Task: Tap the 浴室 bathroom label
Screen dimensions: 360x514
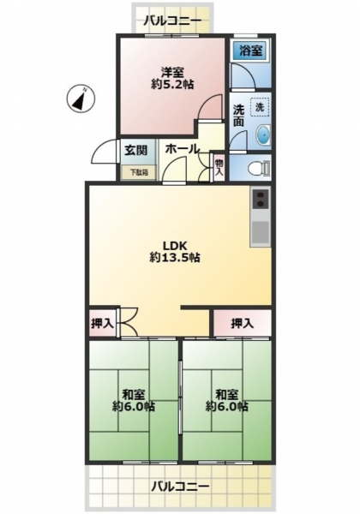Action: coord(250,51)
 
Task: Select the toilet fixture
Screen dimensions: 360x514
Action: coord(259,169)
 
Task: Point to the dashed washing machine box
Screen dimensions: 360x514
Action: coord(260,107)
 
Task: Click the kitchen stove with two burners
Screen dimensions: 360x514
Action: coord(261,199)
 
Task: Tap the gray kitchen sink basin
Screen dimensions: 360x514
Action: coord(261,232)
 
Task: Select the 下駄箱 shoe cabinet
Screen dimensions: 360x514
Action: coord(139,172)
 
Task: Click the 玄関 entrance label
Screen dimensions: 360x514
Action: coord(135,151)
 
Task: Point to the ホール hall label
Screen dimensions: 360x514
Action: coord(183,149)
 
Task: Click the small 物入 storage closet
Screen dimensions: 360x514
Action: coord(219,167)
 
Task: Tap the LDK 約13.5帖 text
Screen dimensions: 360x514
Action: coord(175,252)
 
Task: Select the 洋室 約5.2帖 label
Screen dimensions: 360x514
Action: coord(172,78)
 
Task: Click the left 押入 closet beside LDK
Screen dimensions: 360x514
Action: coord(103,324)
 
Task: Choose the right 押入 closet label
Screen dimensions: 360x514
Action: coord(243,324)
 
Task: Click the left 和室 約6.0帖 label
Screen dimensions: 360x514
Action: coord(134,401)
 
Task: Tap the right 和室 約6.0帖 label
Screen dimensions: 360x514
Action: coord(227,401)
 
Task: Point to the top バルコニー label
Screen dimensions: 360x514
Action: coord(172,21)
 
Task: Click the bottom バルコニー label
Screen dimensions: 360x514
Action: coord(180,486)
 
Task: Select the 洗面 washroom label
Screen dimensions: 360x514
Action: coord(238,116)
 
